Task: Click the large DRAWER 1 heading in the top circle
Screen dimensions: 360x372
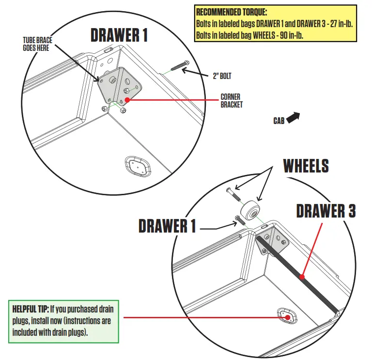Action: (119, 35)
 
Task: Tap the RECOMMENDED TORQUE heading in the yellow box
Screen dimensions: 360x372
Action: (232, 11)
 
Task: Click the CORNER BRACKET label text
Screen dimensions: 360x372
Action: (231, 100)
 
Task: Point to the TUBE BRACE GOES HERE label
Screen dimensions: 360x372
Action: (38, 44)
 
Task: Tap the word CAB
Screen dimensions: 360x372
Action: (279, 121)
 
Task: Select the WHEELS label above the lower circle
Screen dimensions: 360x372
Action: (306, 166)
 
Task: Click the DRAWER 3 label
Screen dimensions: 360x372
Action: (325, 211)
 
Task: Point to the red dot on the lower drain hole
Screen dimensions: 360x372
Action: (288, 318)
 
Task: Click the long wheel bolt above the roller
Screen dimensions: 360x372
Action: (233, 196)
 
